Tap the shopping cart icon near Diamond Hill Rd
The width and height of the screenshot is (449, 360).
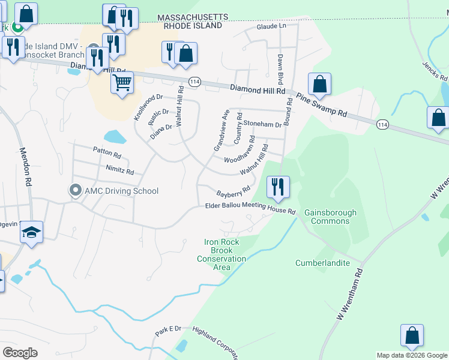(122, 82)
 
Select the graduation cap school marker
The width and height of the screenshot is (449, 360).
(32, 232)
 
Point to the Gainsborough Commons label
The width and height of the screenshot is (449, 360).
(330, 217)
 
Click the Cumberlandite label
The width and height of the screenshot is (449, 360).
(322, 263)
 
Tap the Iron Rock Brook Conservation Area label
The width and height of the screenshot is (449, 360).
(221, 254)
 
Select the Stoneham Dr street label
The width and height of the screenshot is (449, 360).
(262, 124)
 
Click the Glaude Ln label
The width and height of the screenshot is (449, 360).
(271, 26)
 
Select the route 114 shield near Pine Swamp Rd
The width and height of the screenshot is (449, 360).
(382, 124)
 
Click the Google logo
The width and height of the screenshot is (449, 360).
(20, 352)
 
